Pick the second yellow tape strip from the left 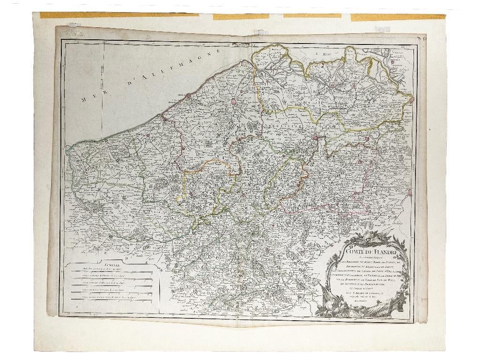click(241, 16)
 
